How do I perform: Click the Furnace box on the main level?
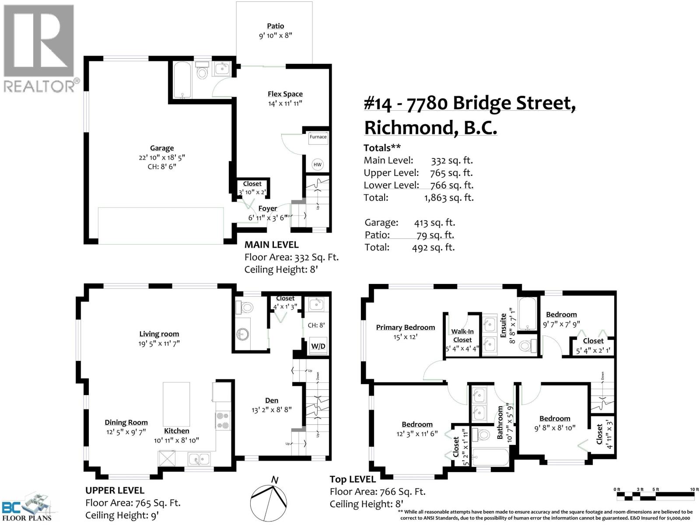tap(318, 137)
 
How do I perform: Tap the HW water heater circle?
tap(317, 164)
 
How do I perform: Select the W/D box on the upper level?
tap(318, 346)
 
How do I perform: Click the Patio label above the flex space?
tap(276, 26)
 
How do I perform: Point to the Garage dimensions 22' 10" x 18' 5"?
tap(162, 157)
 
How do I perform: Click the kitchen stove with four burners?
tap(223, 420)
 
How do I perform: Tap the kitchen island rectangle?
tap(176, 401)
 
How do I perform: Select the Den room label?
tap(271, 400)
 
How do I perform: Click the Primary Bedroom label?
tap(405, 327)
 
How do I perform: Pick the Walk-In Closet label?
tap(462, 336)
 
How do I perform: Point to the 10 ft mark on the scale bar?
tap(694, 490)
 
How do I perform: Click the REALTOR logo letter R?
tap(38, 42)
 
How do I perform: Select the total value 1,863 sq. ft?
tap(449, 198)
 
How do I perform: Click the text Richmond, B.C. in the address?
tap(430, 128)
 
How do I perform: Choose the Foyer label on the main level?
tap(267, 209)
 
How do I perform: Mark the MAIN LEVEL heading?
tap(271, 245)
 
